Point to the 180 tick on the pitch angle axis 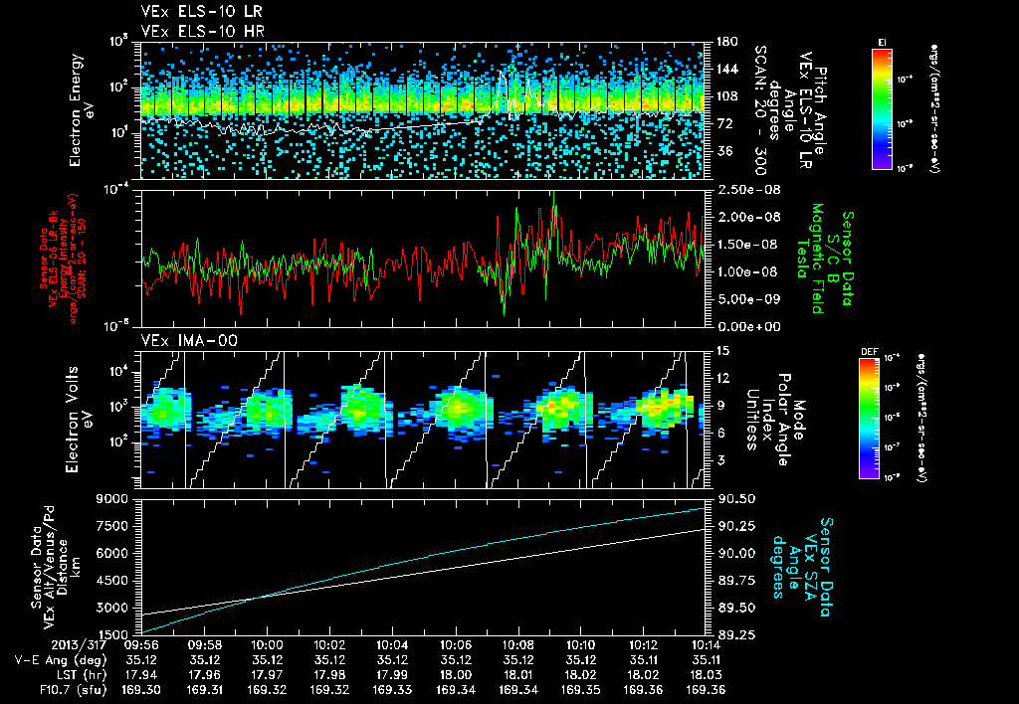coord(719,41)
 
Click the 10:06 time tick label coord(455,644)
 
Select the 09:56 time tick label coord(141,644)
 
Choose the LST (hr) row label coord(70,672)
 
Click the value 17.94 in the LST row coord(141,672)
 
